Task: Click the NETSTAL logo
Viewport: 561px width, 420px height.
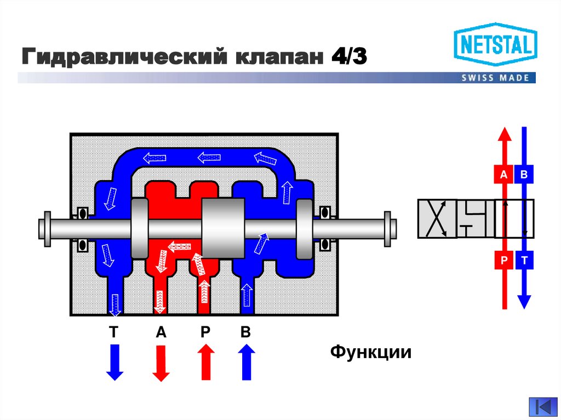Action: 495,44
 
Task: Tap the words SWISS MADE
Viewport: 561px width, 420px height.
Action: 495,78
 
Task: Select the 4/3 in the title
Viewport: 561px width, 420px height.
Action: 347,57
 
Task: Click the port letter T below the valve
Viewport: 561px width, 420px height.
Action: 114,332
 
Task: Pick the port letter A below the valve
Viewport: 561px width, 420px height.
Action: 161,332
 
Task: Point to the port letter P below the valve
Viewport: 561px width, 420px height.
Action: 205,332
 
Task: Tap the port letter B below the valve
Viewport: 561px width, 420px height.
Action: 245,332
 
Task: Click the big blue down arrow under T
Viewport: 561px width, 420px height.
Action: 115,362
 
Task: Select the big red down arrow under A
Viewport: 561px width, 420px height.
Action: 161,362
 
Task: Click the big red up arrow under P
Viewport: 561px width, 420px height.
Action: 205,362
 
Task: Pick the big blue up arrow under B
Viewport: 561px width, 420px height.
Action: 246,362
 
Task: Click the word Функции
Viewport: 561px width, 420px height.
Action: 370,352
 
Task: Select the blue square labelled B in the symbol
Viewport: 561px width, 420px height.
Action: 524,175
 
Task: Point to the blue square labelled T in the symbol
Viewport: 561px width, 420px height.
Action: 524,261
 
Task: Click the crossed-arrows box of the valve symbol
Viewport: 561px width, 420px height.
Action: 437,218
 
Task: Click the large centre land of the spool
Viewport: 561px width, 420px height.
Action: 224,228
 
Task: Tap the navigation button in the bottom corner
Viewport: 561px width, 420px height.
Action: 543,407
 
